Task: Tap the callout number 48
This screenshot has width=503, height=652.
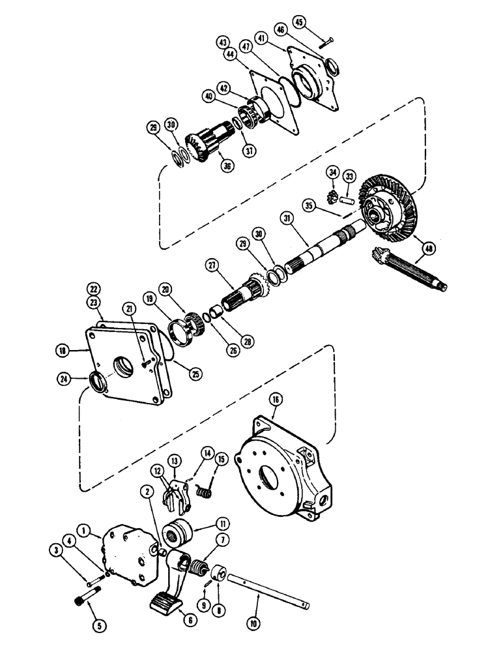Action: tap(428, 248)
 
